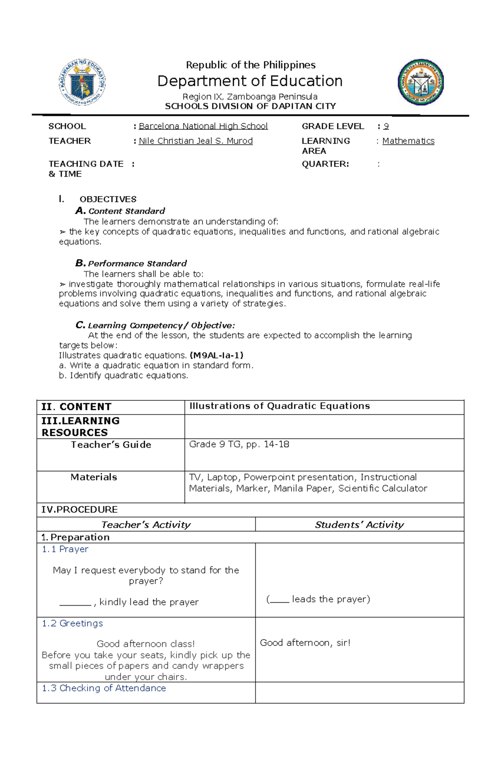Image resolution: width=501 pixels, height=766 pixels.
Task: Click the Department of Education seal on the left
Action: pos(82,82)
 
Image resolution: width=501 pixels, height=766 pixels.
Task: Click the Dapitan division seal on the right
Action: pos(420,82)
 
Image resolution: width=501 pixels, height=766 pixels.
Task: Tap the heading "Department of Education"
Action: pos(250,81)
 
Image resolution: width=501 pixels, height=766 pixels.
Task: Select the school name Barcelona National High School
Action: pos(203,126)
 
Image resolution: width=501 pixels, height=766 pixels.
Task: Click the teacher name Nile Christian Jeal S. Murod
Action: pos(195,141)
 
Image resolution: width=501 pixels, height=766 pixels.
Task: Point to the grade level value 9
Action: pos(386,126)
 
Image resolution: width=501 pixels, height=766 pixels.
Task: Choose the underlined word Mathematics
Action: pos(408,141)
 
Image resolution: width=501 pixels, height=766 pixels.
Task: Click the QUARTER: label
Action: pos(325,164)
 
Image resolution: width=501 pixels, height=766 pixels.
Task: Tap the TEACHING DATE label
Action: pos(86,164)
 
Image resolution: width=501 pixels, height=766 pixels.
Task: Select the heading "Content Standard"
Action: pos(127,211)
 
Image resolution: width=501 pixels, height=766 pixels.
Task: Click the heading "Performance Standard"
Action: pos(137,263)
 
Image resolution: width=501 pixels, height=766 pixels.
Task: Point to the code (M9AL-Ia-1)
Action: pos(216,355)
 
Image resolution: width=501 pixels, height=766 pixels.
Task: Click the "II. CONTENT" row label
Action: pos(76,407)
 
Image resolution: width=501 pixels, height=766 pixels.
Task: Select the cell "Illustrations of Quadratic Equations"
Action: pos(279,406)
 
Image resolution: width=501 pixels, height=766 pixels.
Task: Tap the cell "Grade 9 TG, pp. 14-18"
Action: pos(239,444)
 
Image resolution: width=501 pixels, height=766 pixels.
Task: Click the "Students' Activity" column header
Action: pos(359,525)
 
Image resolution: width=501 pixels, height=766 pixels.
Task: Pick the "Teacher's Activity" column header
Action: pos(146,525)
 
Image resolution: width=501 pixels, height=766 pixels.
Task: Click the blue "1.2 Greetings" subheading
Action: pos(72,623)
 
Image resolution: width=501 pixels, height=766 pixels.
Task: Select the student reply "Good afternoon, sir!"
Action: pos(305,643)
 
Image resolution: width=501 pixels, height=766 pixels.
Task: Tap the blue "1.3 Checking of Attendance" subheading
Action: pos(104,688)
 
